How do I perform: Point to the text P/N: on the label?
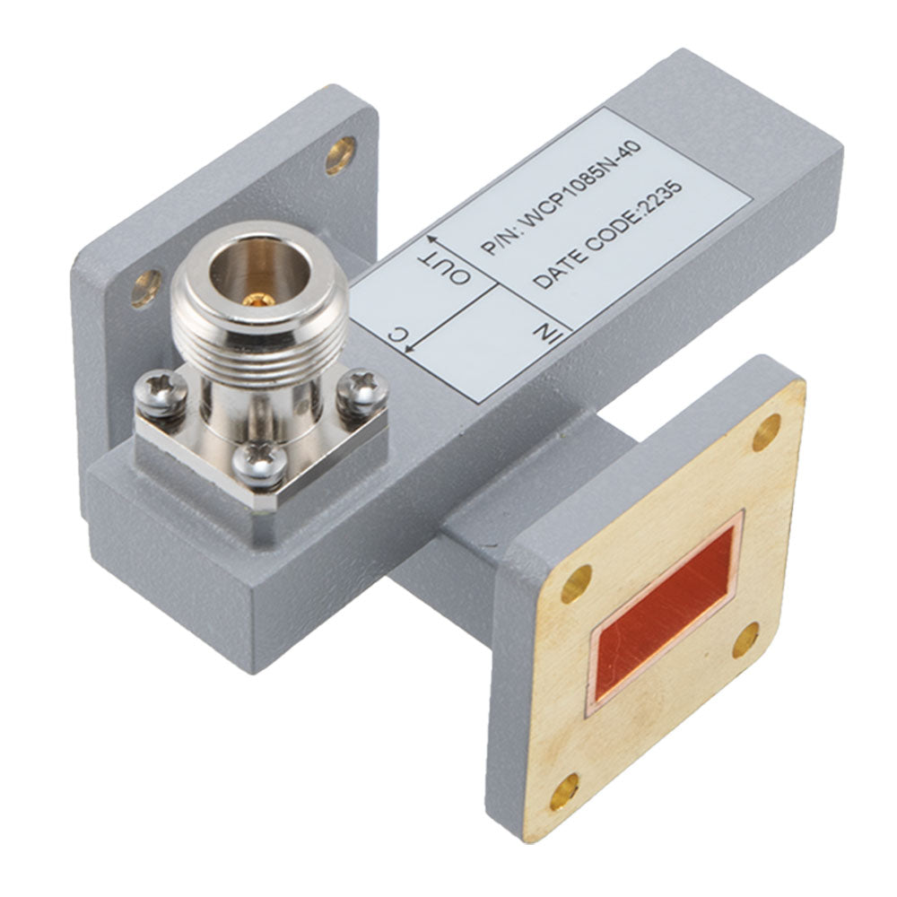tap(498, 239)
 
